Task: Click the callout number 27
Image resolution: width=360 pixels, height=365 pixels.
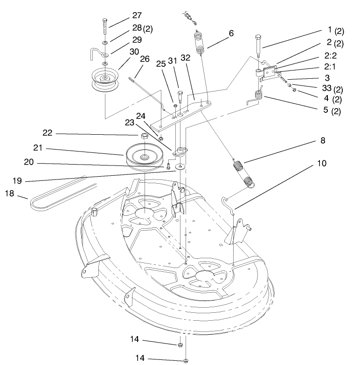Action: click(137, 15)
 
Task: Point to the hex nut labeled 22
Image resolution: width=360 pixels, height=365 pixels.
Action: click(144, 136)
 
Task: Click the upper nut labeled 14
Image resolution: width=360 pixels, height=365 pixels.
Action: click(180, 344)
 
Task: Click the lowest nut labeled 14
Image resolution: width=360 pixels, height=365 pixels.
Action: click(186, 360)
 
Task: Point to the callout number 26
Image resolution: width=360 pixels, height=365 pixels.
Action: click(145, 59)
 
